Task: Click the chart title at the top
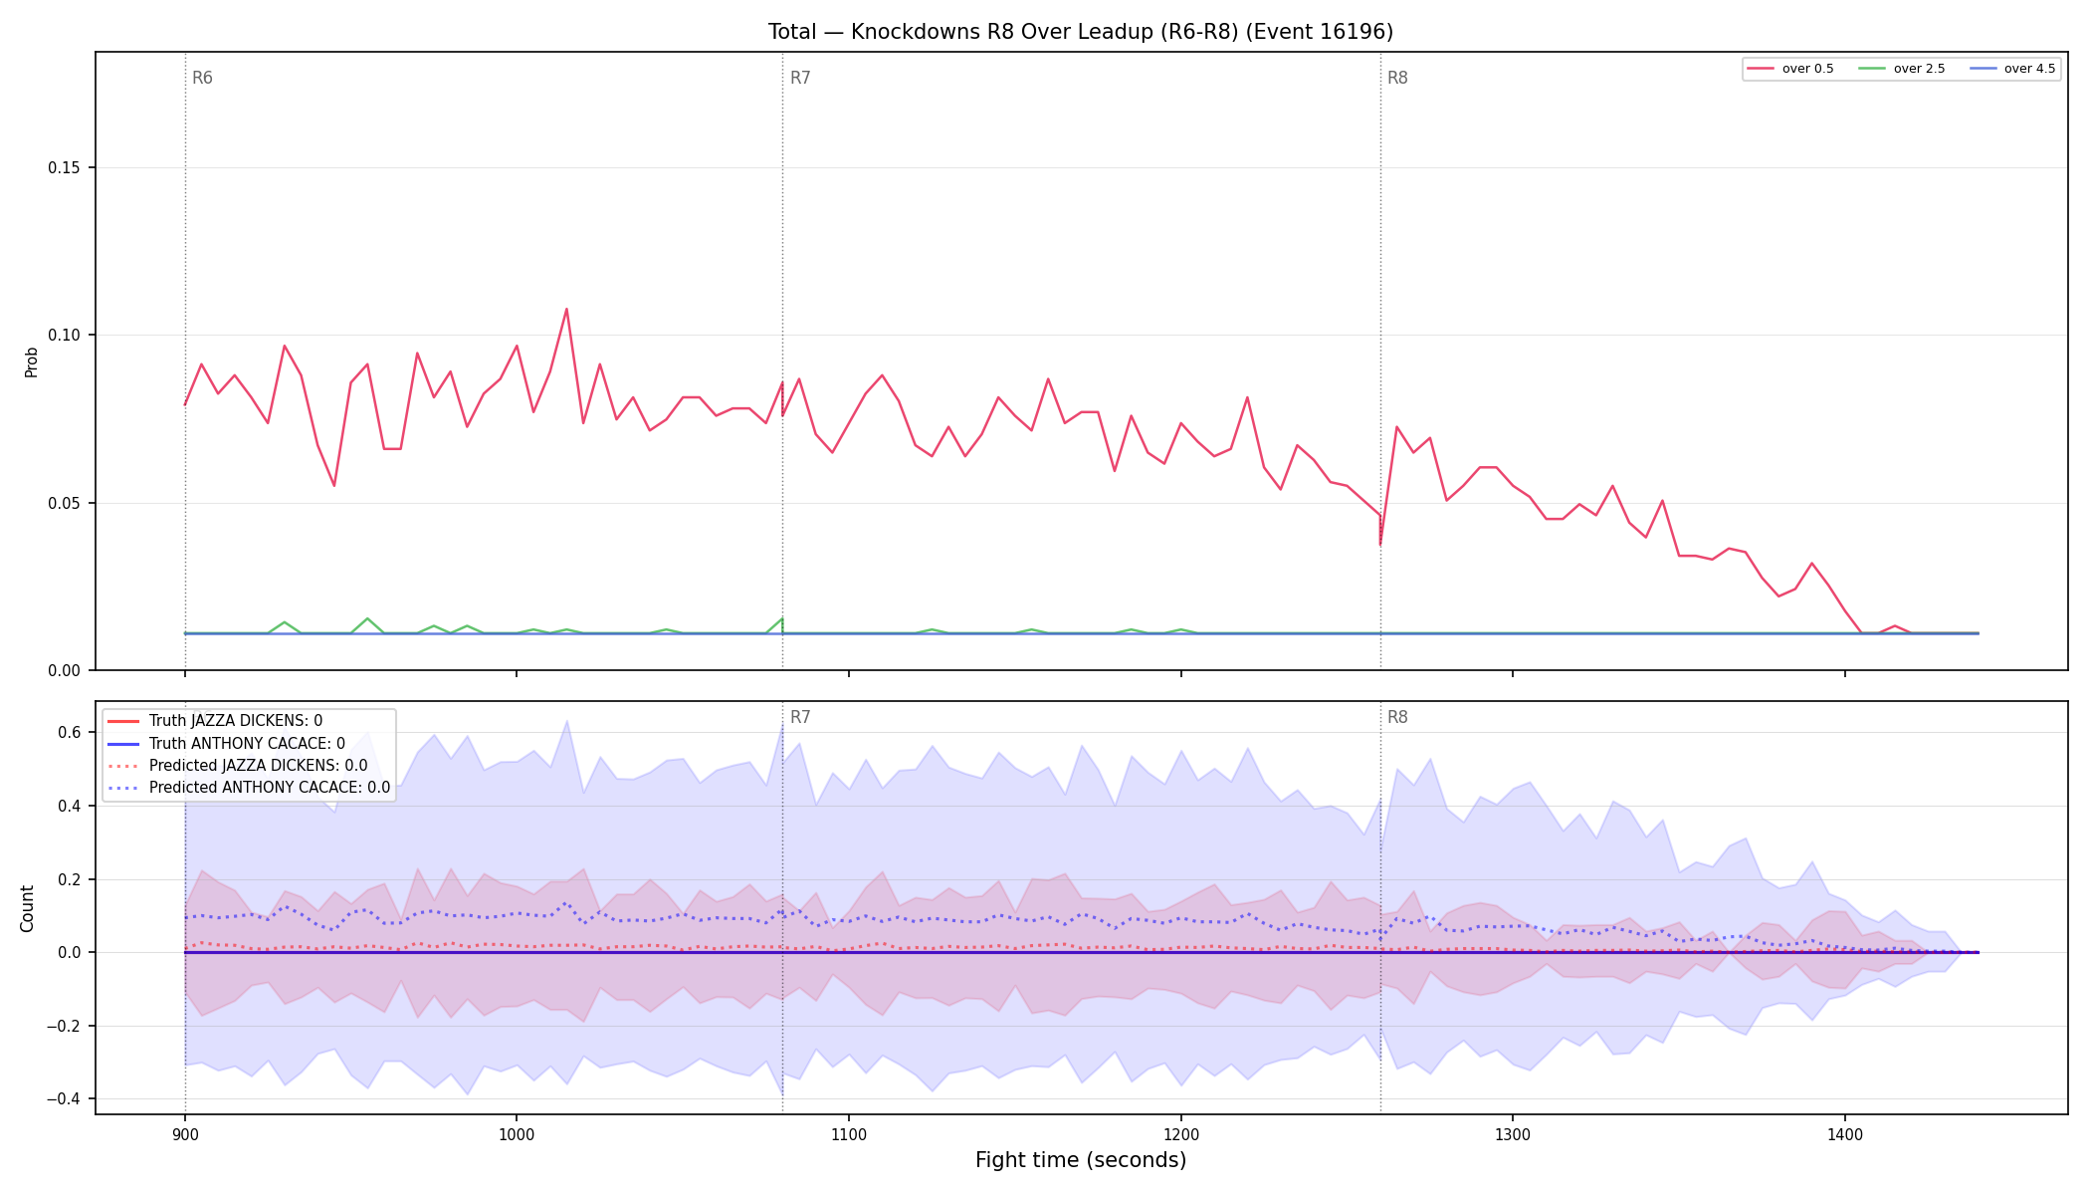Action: tap(1080, 32)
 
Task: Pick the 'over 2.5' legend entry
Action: tap(1901, 69)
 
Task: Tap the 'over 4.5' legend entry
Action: tap(2011, 69)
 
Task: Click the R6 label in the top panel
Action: tap(202, 78)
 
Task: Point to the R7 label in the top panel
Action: tap(800, 78)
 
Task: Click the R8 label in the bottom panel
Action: tap(1397, 717)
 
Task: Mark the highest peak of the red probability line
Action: tap(566, 309)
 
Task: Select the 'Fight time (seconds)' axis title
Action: tap(1081, 1160)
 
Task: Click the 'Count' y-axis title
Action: tap(27, 908)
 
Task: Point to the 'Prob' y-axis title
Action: tap(31, 361)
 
